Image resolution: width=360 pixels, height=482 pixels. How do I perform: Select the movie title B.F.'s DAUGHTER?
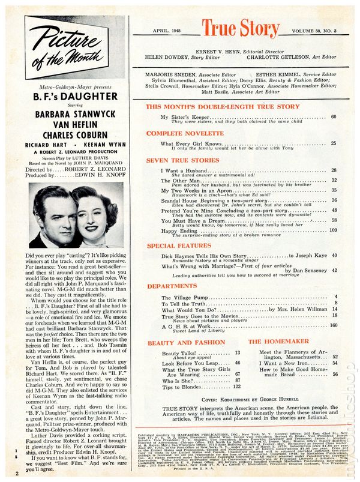75,96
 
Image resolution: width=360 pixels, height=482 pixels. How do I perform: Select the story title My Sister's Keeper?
184,116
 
